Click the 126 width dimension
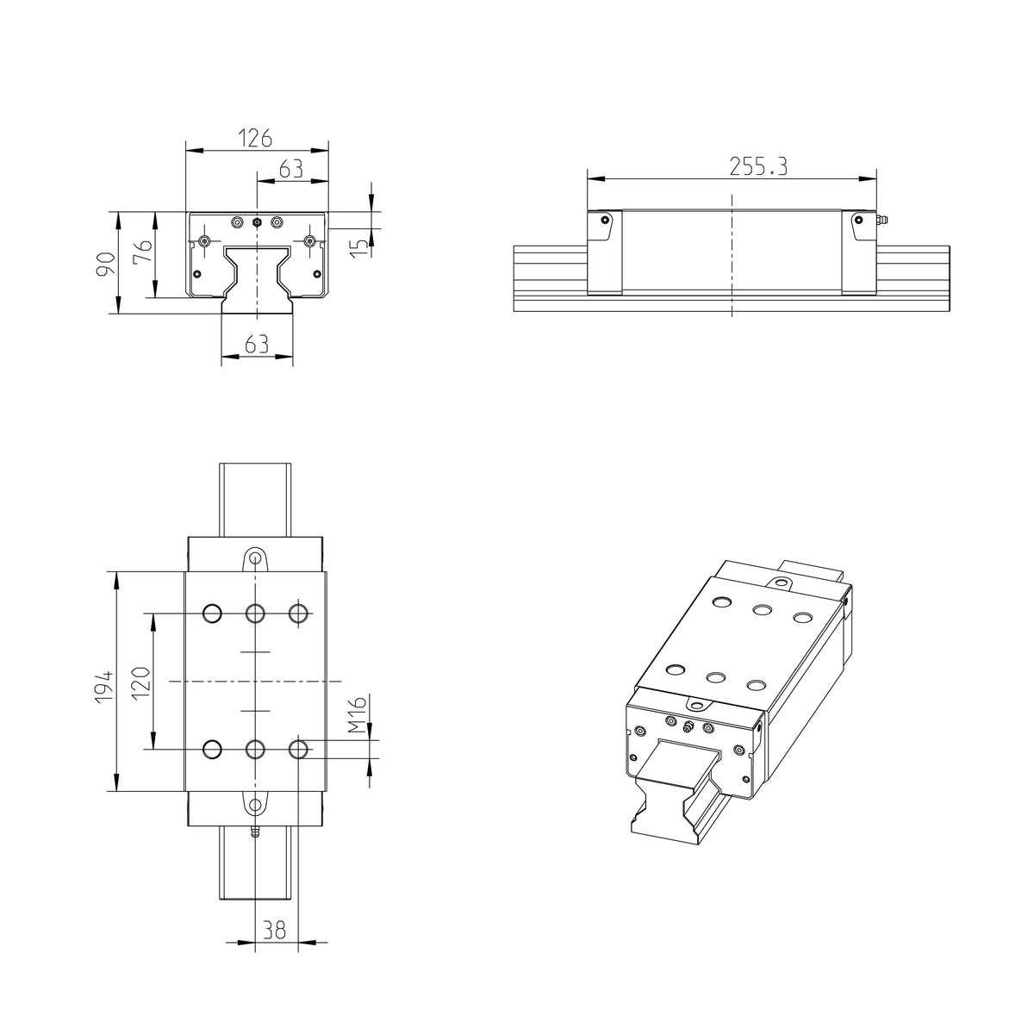point(256,138)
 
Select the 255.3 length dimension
point(758,166)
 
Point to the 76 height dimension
point(144,252)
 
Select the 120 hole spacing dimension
point(142,681)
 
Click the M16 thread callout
point(359,715)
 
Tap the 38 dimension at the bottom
point(274,931)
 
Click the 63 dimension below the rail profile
point(256,344)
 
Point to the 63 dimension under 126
point(291,168)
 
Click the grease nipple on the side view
point(882,221)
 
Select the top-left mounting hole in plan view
point(212,614)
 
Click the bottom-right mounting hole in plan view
point(299,749)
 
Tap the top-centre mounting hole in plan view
point(255,614)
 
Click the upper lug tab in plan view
point(255,557)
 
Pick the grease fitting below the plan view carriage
point(254,832)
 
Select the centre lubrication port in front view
point(257,222)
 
